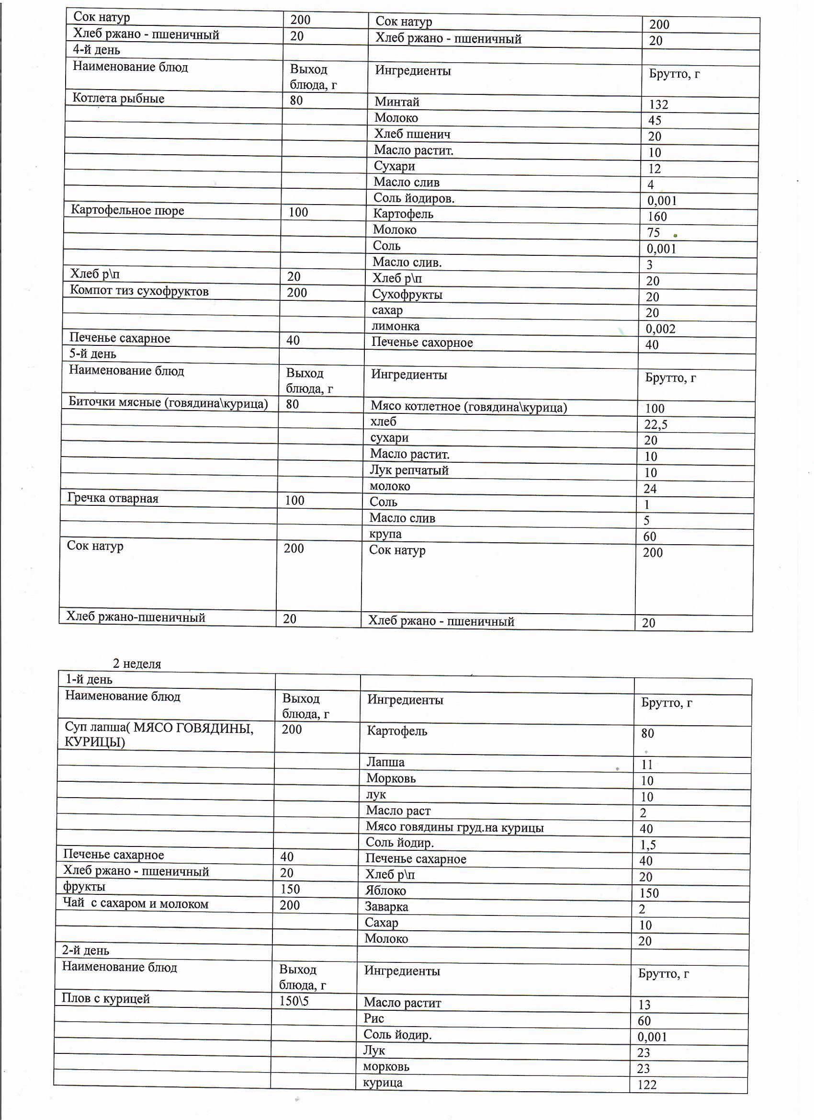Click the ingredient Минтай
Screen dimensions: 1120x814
click(397, 102)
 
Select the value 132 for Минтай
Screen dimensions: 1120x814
click(658, 105)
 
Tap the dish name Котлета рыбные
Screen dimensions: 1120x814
click(118, 98)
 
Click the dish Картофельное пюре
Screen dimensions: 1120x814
click(127, 210)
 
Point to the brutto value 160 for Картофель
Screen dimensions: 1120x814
click(657, 217)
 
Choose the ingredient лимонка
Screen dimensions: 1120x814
click(396, 326)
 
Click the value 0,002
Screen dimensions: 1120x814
click(660, 329)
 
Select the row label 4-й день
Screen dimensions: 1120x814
click(96, 50)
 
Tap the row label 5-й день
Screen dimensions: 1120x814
click(92, 354)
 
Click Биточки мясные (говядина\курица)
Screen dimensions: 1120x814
click(168, 403)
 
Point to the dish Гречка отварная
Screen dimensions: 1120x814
click(113, 498)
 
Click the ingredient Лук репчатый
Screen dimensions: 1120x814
click(409, 470)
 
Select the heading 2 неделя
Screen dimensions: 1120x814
click(137, 663)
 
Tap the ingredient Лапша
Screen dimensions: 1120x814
click(385, 762)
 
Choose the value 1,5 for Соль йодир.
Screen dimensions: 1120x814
click(648, 845)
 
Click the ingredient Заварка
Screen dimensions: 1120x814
click(386, 907)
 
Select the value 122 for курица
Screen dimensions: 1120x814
click(647, 1085)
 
